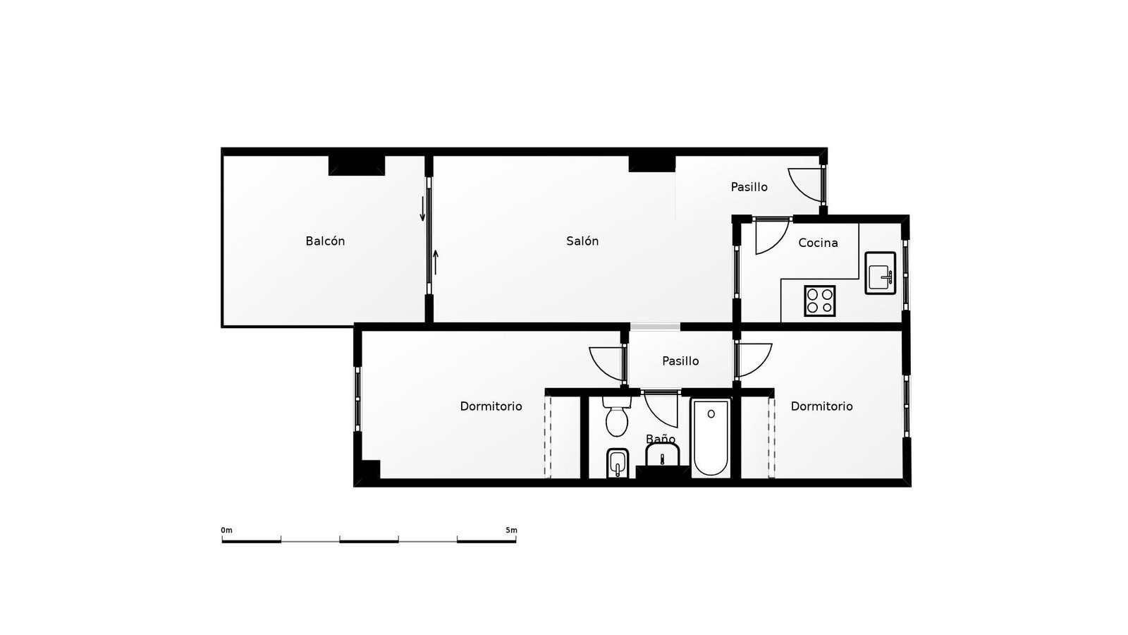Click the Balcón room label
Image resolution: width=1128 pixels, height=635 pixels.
[x=325, y=241]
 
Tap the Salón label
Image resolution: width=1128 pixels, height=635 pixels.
[x=582, y=241]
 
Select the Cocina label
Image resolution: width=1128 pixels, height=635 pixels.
[x=819, y=243]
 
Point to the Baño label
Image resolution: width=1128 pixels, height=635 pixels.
[x=660, y=438]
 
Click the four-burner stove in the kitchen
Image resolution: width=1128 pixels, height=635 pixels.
[x=820, y=301]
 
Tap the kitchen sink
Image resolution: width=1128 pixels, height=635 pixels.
[x=881, y=273]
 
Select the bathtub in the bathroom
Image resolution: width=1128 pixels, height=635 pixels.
[x=711, y=437]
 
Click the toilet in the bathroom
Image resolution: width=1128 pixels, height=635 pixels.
[x=616, y=416]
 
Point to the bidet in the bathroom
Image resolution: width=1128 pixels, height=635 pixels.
[x=618, y=463]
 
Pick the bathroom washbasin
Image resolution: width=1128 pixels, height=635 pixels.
[x=663, y=455]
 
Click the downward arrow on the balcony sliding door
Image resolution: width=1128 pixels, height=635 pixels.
[x=422, y=209]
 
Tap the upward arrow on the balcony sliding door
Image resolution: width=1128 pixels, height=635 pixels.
[x=436, y=262]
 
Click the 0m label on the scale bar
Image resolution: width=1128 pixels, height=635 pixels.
[x=226, y=530]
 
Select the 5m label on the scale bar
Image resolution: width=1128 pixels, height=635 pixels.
[x=511, y=530]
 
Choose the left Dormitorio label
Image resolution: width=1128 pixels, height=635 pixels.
[x=491, y=406]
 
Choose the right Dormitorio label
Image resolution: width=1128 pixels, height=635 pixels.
[x=822, y=406]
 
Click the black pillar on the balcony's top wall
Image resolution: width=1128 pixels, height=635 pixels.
[x=357, y=165]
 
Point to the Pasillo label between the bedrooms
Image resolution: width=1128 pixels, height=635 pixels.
[x=680, y=361]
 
